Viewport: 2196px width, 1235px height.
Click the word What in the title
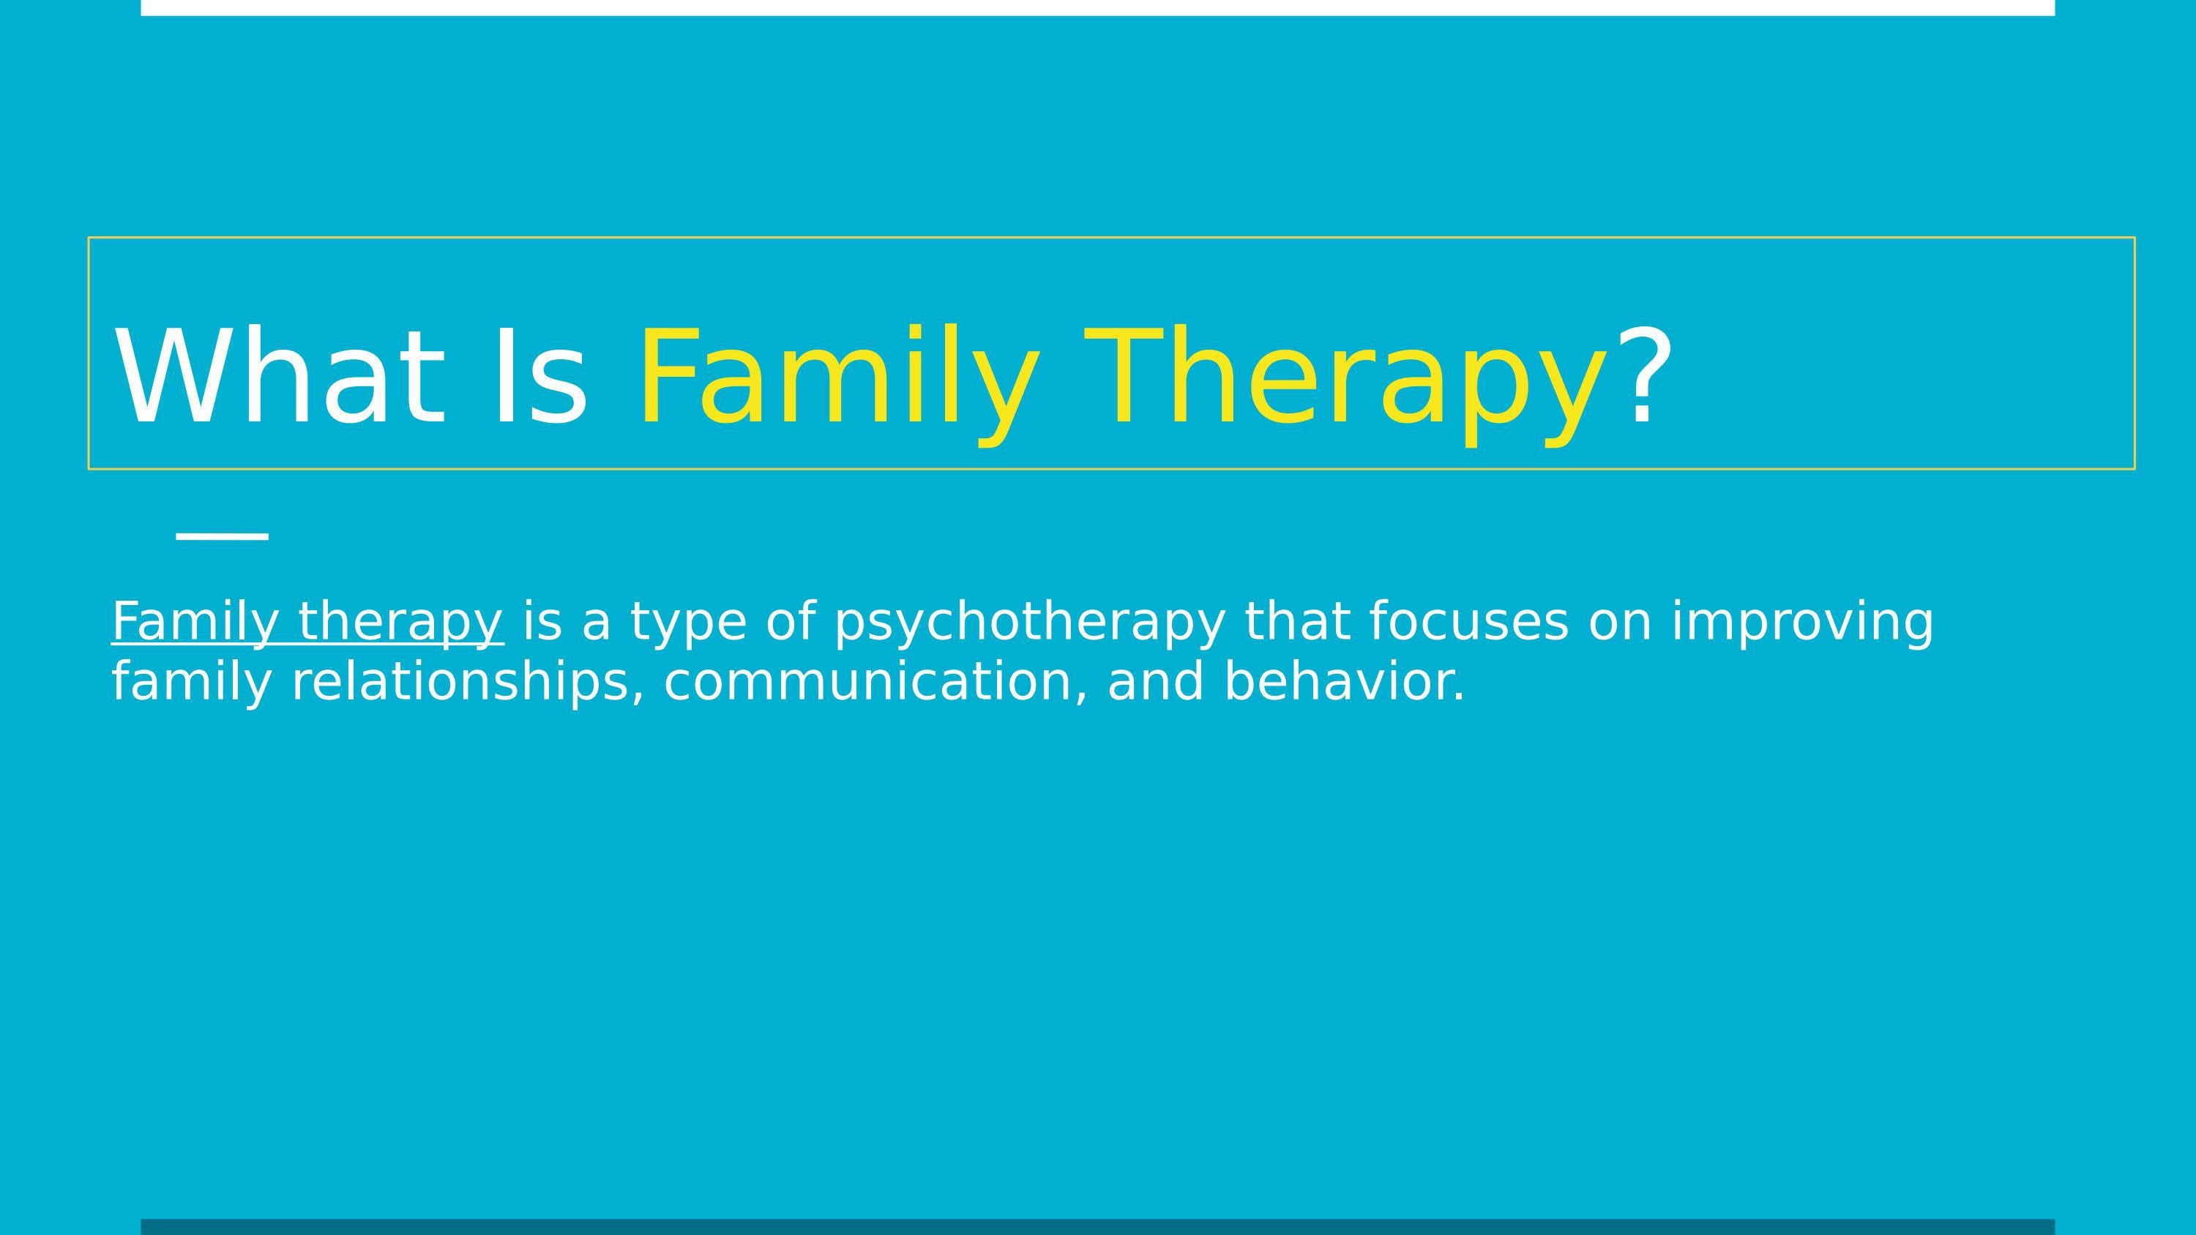[x=281, y=377]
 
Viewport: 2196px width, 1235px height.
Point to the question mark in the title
[x=1649, y=377]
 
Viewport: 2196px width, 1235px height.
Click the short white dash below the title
[x=223, y=536]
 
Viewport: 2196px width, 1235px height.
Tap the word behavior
[x=1345, y=682]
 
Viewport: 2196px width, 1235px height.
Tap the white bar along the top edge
[x=1098, y=7]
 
